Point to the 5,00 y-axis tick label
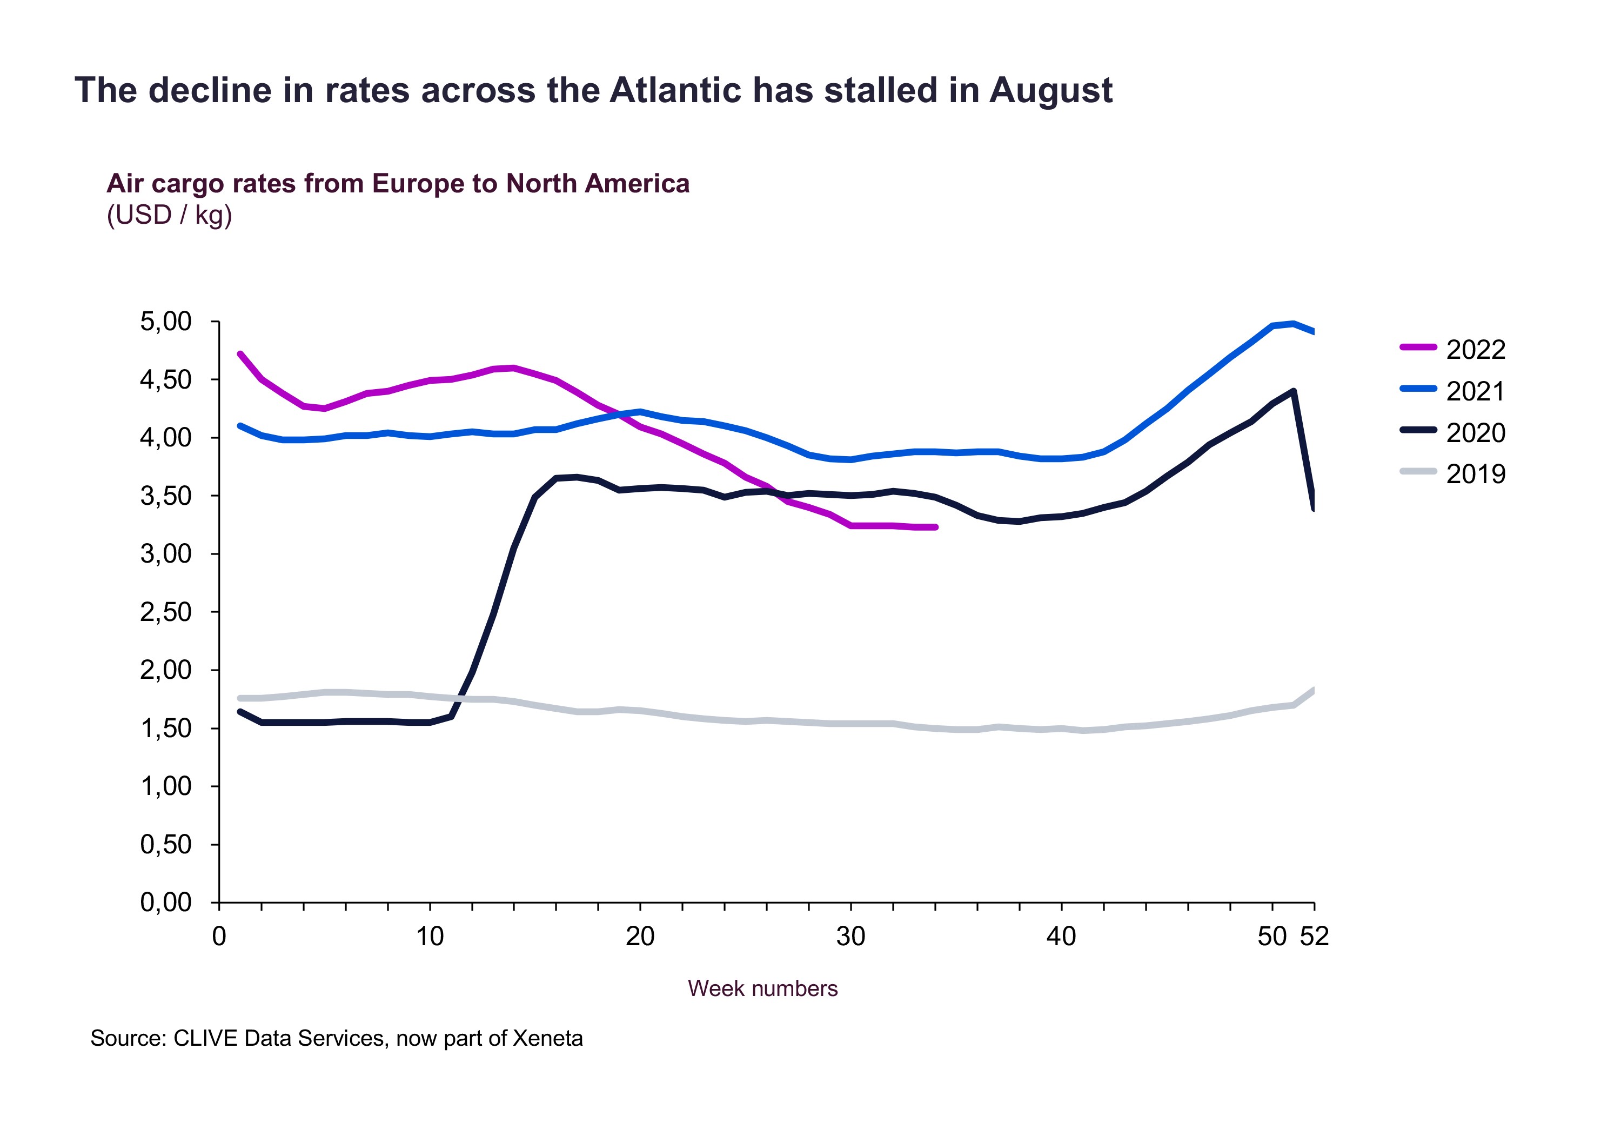pyautogui.click(x=166, y=322)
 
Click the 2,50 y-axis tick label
pyautogui.click(x=166, y=612)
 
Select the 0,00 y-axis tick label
pyautogui.click(x=166, y=903)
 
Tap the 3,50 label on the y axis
pyautogui.click(x=166, y=496)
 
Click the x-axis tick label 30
pyautogui.click(x=850, y=937)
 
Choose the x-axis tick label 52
pyautogui.click(x=1314, y=937)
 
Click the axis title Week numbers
pyautogui.click(x=762, y=988)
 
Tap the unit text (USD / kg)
pyautogui.click(x=170, y=215)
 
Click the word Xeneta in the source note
pyautogui.click(x=548, y=1039)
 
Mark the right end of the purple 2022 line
pyautogui.click(x=935, y=527)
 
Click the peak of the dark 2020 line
pyautogui.click(x=1292, y=390)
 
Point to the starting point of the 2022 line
pyautogui.click(x=241, y=354)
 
